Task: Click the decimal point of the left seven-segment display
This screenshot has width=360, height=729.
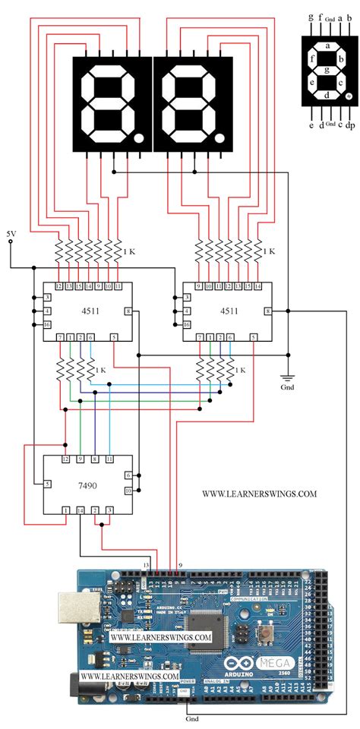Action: point(138,140)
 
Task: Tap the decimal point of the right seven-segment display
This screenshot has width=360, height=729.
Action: point(219,140)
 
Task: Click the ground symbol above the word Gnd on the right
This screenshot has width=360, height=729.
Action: point(289,376)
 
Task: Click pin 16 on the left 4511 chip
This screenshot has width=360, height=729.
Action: point(47,325)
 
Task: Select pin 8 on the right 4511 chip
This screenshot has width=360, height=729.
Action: point(267,311)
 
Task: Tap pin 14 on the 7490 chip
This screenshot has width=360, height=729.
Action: point(81,510)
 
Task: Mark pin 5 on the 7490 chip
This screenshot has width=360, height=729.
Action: point(47,484)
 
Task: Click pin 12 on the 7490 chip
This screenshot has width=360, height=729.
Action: point(66,459)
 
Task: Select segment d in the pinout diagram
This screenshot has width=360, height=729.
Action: point(327,96)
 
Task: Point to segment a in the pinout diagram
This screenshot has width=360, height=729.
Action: point(327,46)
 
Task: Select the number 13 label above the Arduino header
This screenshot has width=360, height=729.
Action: point(145,565)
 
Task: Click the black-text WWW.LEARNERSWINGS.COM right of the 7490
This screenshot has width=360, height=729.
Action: point(259,494)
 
